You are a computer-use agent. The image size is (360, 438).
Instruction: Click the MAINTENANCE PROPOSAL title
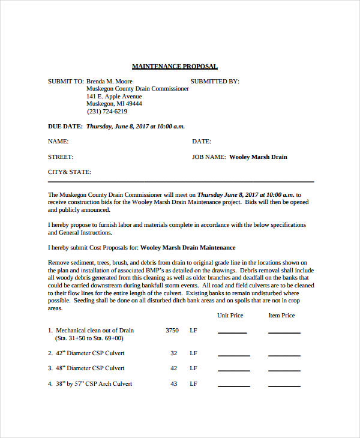pos(175,66)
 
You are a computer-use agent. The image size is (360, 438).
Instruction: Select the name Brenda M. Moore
pos(109,81)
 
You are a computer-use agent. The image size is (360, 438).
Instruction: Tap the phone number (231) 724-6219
pos(107,111)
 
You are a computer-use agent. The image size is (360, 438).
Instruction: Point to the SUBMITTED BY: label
pos(215,81)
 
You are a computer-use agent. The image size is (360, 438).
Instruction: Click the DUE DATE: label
pos(65,127)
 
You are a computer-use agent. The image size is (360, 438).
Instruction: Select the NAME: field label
pos(58,142)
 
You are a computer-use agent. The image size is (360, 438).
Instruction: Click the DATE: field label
pos(202,142)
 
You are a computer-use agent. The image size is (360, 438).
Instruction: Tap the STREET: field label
pos(61,157)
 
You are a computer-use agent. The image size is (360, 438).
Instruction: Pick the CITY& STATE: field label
pos(70,172)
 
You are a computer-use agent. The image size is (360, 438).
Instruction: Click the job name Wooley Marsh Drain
pos(258,157)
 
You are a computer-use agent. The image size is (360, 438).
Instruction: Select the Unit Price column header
pos(230,315)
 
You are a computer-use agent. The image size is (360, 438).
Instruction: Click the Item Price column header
pos(281,315)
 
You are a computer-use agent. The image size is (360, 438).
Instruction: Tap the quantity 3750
pos(172,330)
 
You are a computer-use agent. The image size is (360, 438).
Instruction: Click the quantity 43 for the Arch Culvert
pos(173,383)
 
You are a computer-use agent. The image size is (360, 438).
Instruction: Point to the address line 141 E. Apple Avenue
pos(114,96)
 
